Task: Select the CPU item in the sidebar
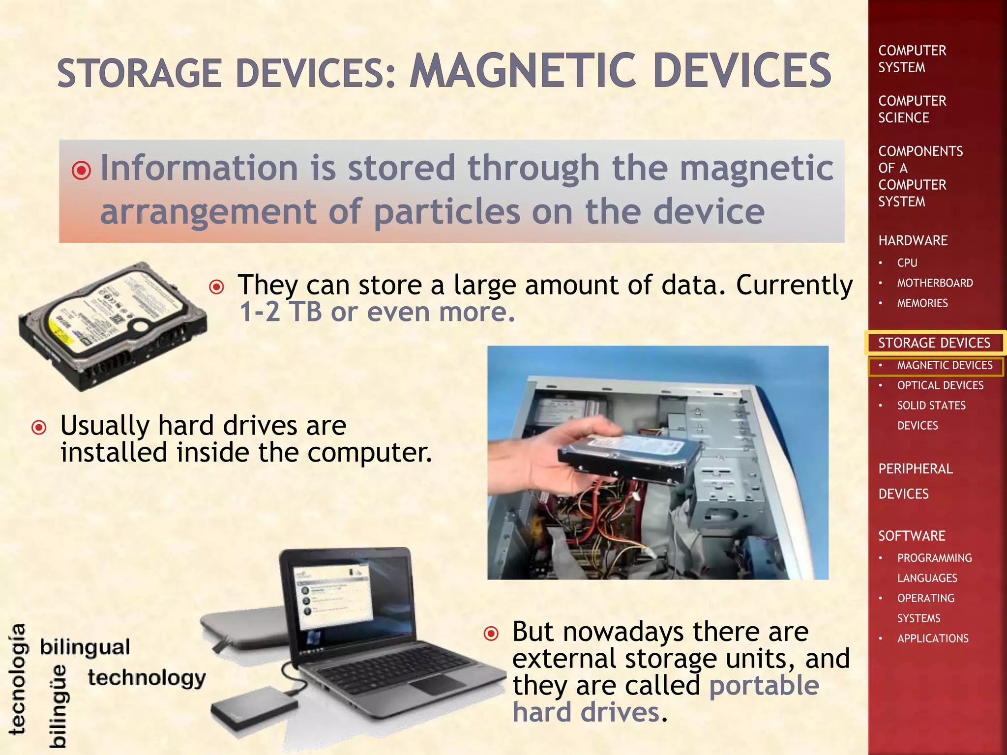click(907, 263)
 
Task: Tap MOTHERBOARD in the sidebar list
click(935, 283)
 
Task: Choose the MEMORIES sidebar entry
click(922, 303)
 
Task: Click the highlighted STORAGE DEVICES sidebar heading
click(934, 343)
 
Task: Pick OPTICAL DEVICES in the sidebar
click(940, 385)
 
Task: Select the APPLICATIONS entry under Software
click(933, 639)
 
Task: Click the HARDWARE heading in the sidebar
click(913, 240)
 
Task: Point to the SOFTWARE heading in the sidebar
click(912, 536)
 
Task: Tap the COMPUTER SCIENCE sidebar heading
click(912, 109)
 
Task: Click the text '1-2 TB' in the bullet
click(281, 312)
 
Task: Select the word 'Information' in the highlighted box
click(199, 168)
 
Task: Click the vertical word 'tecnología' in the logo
click(18, 679)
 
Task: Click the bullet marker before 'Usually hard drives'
click(39, 427)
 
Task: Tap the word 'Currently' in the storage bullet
click(794, 285)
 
